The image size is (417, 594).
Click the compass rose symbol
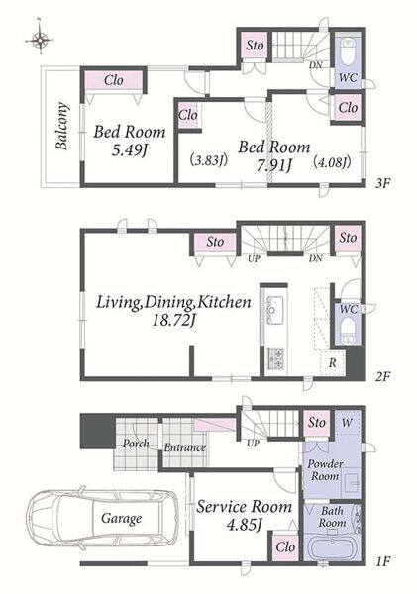(x=39, y=39)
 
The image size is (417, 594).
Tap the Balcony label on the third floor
(x=62, y=126)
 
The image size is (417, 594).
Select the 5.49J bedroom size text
(x=129, y=150)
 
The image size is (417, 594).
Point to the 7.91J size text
(x=273, y=165)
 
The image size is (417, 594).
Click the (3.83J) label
(x=208, y=160)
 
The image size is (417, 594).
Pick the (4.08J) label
(x=332, y=162)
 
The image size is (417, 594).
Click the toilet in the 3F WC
(x=348, y=51)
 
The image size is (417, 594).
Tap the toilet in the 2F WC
(x=348, y=331)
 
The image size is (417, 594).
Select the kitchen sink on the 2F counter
(x=274, y=310)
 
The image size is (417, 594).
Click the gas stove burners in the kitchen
(x=275, y=358)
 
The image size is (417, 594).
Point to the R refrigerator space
(x=333, y=362)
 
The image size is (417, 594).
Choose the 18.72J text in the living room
(x=173, y=321)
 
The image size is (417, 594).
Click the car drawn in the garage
(x=102, y=518)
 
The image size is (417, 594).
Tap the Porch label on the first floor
(x=136, y=444)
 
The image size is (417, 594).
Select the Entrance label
(x=185, y=447)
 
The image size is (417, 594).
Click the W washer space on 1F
(x=347, y=423)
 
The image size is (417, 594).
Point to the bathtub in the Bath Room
(x=332, y=547)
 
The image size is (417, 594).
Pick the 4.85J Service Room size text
(x=245, y=525)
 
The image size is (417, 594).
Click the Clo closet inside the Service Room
(x=285, y=547)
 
